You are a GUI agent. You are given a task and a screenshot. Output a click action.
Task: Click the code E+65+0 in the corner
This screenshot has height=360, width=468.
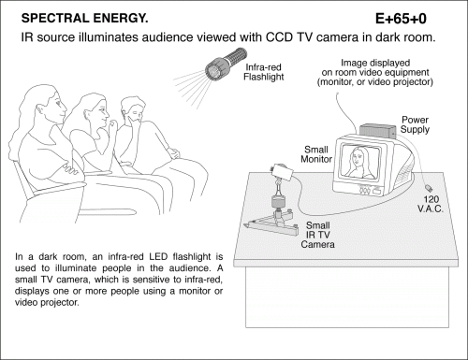coord(401,19)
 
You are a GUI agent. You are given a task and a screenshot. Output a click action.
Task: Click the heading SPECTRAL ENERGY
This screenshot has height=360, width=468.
coord(84,19)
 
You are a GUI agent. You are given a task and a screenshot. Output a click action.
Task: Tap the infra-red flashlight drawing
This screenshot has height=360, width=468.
coord(226,64)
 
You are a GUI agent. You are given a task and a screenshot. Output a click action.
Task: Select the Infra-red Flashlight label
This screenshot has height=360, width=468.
coord(264,72)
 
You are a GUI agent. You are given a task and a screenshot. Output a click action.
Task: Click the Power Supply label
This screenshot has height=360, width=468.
coord(415,124)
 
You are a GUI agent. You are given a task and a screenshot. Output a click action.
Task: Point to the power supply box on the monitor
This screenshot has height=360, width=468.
coord(377,130)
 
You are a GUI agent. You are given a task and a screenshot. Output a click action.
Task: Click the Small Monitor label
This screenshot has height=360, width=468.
coord(316,154)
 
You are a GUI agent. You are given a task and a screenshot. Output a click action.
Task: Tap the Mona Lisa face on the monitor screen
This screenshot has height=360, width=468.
coord(358,156)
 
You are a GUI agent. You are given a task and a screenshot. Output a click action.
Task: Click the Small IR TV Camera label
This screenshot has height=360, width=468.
coord(317,235)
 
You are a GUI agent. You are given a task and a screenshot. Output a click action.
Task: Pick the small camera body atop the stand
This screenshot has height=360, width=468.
coord(283,172)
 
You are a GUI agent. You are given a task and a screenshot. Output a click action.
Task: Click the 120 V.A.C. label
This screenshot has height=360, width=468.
coord(431,204)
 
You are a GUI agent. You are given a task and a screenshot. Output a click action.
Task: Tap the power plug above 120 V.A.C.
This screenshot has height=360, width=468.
coord(429,188)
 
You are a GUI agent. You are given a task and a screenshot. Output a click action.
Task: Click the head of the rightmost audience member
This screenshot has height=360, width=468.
coord(132,109)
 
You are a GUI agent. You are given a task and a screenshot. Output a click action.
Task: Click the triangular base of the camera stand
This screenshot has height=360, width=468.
coord(271,225)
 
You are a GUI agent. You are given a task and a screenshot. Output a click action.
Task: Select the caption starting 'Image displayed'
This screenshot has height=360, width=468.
coord(375,72)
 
